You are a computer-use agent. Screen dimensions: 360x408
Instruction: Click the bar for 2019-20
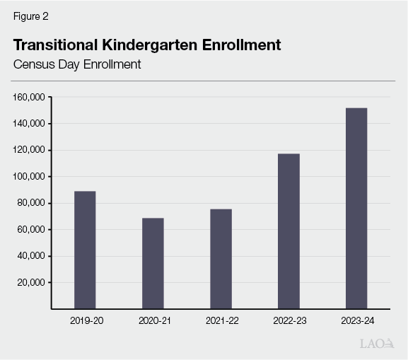(85, 250)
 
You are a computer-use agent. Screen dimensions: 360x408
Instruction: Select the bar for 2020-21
(153, 263)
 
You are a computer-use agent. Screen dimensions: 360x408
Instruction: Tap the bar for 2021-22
(221, 259)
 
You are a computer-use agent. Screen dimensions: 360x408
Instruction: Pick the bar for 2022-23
(288, 231)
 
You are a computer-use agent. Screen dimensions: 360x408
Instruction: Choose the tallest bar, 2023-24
(356, 208)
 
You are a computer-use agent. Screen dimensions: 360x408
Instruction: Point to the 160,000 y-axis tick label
(30, 97)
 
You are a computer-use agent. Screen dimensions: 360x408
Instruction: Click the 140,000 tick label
(30, 124)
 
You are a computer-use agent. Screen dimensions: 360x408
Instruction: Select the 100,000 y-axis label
(30, 177)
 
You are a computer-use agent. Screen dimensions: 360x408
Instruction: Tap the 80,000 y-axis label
(32, 203)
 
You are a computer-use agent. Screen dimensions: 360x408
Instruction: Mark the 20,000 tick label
(32, 282)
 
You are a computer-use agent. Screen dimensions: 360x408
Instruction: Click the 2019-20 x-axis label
(85, 321)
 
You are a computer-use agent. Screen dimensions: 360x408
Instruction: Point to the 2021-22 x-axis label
(221, 321)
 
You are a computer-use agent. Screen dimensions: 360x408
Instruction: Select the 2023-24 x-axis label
(356, 321)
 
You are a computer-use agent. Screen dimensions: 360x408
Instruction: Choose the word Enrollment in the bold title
(241, 45)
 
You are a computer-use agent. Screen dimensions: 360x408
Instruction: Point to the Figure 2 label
(30, 15)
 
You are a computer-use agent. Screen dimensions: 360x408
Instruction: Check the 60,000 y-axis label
(32, 230)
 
